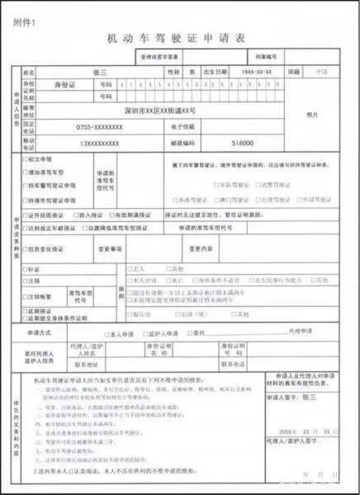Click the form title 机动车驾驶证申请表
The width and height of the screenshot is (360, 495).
coord(179,38)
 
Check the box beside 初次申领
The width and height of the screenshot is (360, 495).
coord(26,159)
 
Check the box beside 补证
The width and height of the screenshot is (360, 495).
coord(26,269)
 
